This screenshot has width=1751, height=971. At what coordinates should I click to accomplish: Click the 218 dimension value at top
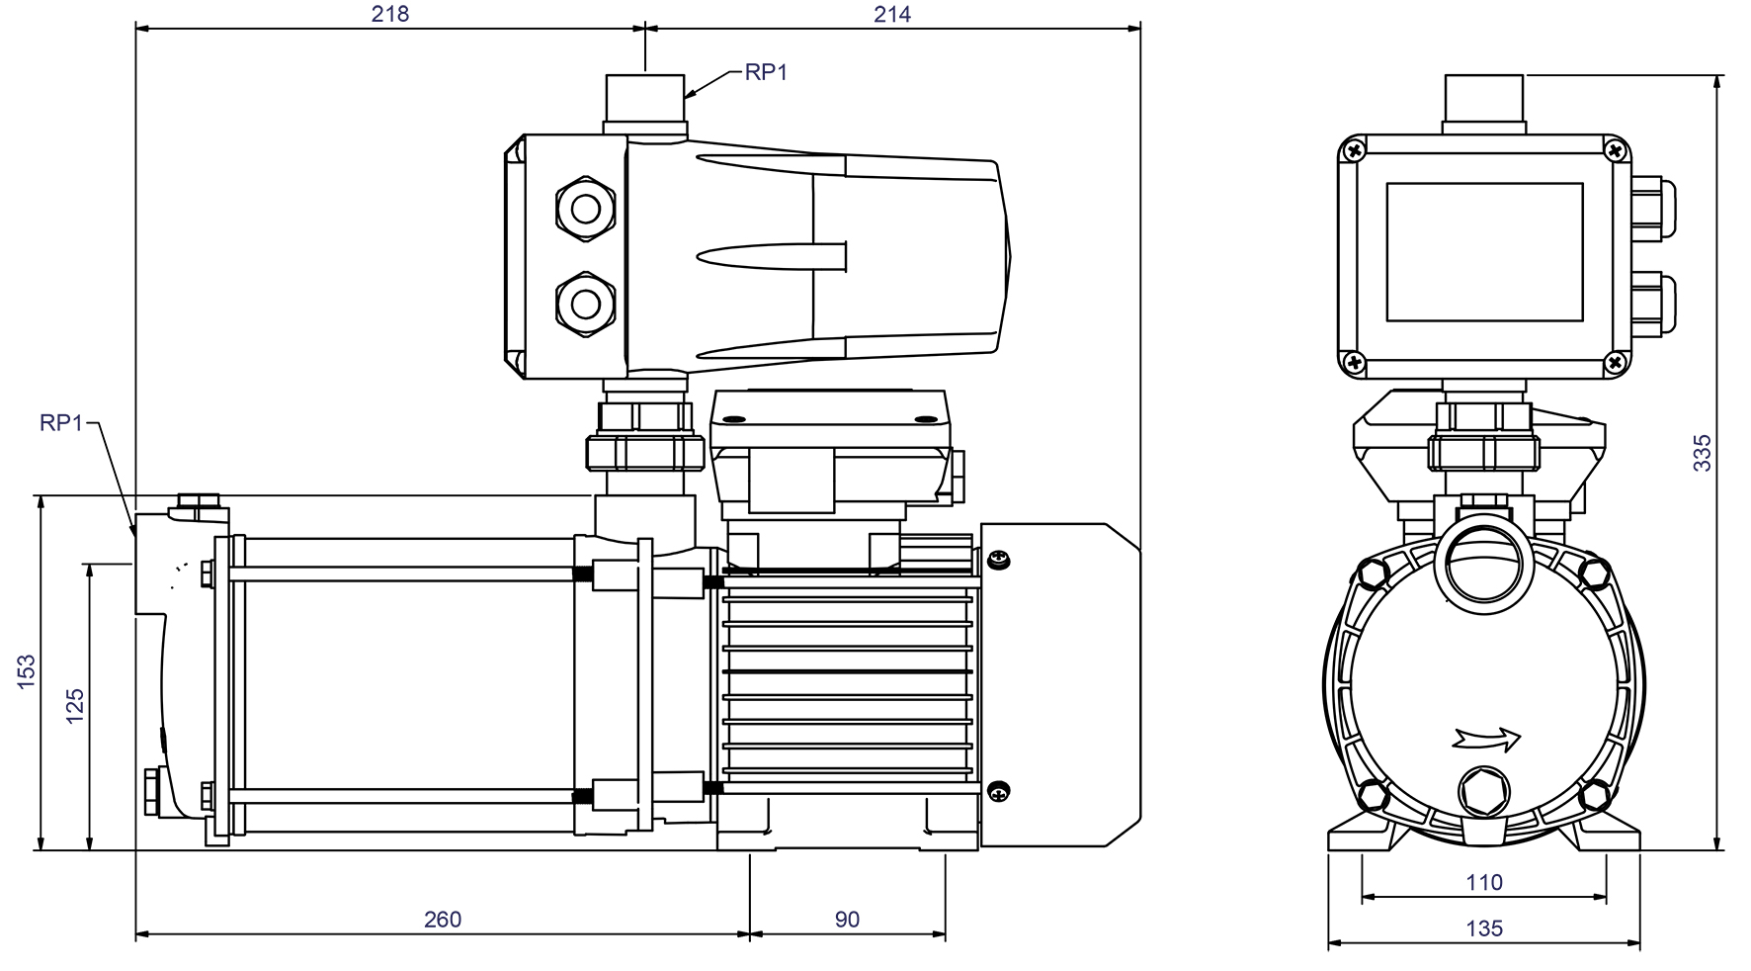pos(389,14)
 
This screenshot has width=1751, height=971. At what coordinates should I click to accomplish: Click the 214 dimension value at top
pos(892,14)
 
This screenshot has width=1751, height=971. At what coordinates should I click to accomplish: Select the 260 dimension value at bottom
pos(442,920)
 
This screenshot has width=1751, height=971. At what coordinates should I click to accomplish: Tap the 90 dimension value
pos(847,920)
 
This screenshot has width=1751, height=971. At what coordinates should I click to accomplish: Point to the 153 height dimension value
pos(27,671)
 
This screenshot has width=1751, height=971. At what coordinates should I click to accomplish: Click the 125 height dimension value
pos(75,706)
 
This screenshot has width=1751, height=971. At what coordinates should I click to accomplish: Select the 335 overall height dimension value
pos(1702,452)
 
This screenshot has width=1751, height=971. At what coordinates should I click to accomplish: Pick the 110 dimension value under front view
pos(1484,882)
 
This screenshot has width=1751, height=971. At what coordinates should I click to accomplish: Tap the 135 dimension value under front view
pos(1484,928)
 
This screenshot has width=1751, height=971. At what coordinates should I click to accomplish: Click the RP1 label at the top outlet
pos(766,72)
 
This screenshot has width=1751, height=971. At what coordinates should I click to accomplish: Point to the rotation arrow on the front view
pos(1486,738)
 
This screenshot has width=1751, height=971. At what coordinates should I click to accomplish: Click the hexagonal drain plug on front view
pos(1484,791)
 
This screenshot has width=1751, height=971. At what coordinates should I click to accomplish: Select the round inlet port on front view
pos(1484,571)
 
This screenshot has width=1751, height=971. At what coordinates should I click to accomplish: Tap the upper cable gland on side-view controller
pos(585,210)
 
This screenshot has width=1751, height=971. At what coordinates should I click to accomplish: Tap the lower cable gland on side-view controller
pos(585,300)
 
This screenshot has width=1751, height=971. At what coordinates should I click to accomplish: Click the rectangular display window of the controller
pos(1484,252)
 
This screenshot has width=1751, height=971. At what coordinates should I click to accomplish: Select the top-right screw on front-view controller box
pos(1616,151)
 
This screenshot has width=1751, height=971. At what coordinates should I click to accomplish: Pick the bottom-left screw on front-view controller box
pos(1353,363)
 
